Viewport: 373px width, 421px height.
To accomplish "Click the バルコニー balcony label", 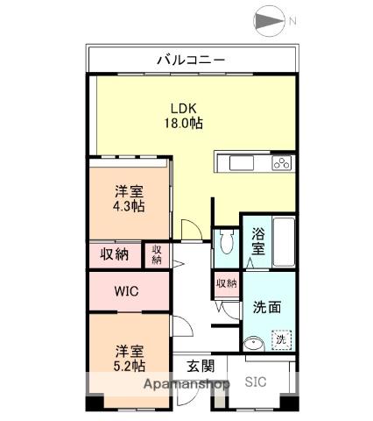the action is pos(191,60).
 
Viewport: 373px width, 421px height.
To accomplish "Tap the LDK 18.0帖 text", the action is pos(184,116).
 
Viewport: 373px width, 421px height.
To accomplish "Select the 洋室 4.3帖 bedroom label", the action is pos(129,199).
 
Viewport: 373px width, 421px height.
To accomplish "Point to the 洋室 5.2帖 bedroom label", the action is pos(130,358).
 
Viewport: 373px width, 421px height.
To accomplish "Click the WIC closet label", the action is pos(126,291).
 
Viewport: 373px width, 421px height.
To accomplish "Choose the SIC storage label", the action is pos(256,382).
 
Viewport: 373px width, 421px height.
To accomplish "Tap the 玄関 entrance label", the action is pos(201,366).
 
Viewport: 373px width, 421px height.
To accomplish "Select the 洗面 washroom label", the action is pos(267,307).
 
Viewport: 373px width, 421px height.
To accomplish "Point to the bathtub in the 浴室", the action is pos(284,241).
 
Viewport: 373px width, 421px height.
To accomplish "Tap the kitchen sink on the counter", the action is pos(242,163).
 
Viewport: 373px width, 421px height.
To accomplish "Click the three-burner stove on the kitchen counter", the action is pos(282,163).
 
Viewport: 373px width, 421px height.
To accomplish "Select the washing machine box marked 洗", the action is pos(281,339).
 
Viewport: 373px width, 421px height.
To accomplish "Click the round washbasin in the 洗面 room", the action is pos(253,344).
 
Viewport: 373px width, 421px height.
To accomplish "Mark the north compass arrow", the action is pos(269,21).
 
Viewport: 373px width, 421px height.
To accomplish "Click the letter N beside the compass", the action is pos(292,21).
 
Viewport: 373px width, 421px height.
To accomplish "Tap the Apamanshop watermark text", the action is pos(186,383).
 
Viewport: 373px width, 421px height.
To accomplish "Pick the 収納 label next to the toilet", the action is pos(227,283).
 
